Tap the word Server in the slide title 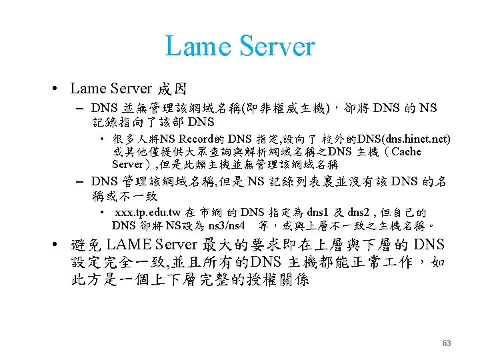click(x=275, y=46)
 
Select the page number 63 click(x=447, y=343)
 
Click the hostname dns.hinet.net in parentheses click(x=404, y=139)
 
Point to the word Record click(x=197, y=139)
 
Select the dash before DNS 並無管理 click(x=80, y=108)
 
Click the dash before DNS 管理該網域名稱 click(x=80, y=181)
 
